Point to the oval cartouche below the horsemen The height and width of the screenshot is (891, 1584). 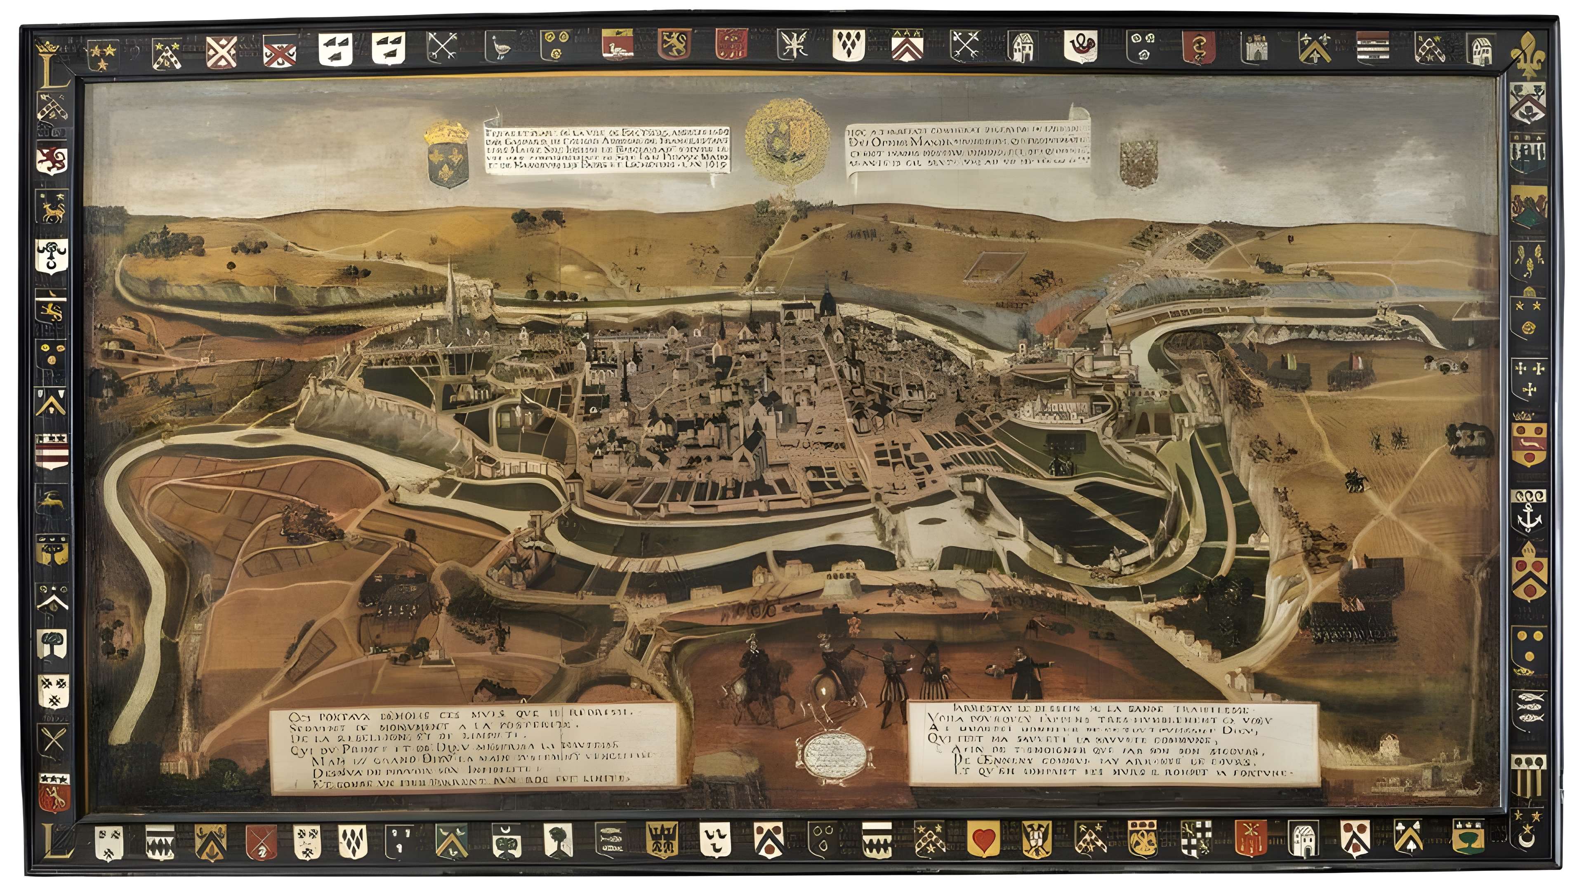pyautogui.click(x=835, y=750)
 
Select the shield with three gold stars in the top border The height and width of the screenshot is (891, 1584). pyautogui.click(x=101, y=55)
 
